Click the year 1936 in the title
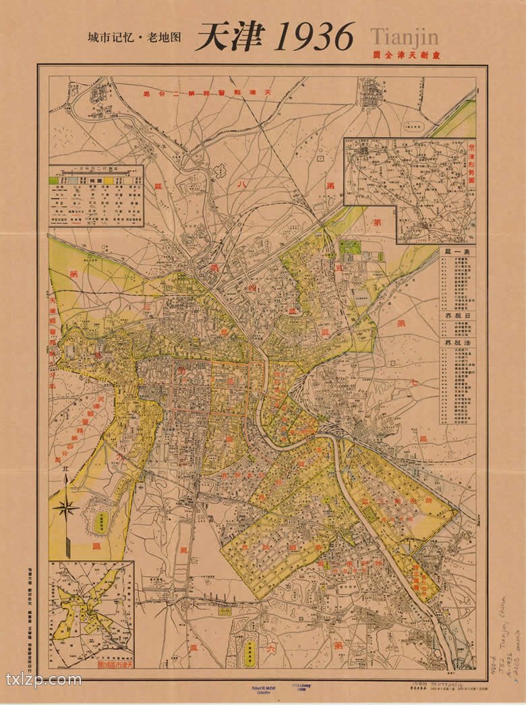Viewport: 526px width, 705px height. pyautogui.click(x=314, y=36)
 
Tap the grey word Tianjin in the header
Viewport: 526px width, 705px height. pyautogui.click(x=404, y=34)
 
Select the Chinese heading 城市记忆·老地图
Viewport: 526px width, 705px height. pyautogui.click(x=135, y=38)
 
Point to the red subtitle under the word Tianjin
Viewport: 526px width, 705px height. pyautogui.click(x=404, y=55)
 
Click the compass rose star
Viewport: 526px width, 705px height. pyautogui.click(x=65, y=507)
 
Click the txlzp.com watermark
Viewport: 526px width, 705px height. pyautogui.click(x=44, y=678)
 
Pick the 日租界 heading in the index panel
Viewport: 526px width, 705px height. pyautogui.click(x=457, y=315)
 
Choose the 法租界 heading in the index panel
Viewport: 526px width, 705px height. pyautogui.click(x=457, y=343)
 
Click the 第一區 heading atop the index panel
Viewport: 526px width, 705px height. pyautogui.click(x=457, y=251)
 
